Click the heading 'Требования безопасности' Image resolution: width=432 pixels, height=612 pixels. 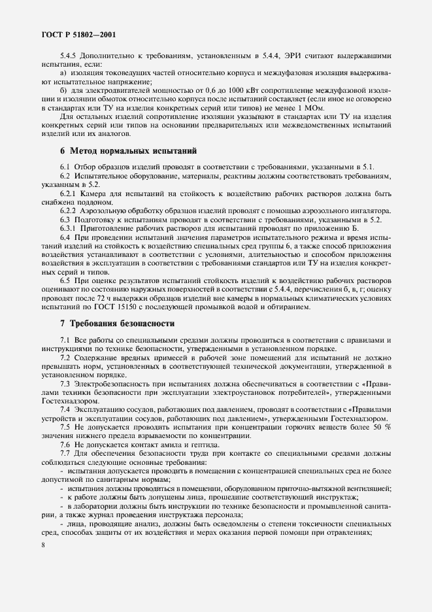[x=112, y=323]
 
